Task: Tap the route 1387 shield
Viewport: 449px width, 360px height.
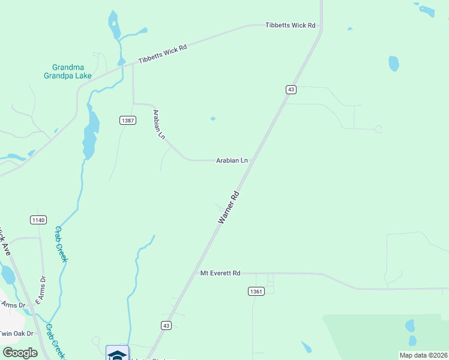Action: click(127, 121)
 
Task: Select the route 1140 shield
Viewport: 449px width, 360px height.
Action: click(38, 220)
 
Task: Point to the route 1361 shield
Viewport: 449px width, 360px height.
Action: click(256, 291)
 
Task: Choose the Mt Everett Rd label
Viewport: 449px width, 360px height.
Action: click(220, 273)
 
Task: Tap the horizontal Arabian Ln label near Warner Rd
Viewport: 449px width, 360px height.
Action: click(232, 160)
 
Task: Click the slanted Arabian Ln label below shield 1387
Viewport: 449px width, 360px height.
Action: click(159, 124)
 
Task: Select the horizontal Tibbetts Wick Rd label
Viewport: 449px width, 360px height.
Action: click(291, 25)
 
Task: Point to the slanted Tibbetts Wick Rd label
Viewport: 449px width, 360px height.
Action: click(163, 54)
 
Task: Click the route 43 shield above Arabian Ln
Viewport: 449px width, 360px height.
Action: click(291, 89)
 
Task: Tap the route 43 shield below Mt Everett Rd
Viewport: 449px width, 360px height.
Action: click(166, 325)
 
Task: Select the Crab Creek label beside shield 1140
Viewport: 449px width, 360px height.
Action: click(61, 244)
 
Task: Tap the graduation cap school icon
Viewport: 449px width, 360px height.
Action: click(117, 354)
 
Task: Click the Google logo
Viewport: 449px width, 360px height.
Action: click(20, 353)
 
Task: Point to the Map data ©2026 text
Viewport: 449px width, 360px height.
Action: click(423, 355)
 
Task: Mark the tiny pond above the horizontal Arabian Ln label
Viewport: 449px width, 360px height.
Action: click(212, 119)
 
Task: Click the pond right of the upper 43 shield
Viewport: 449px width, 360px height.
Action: click(394, 63)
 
